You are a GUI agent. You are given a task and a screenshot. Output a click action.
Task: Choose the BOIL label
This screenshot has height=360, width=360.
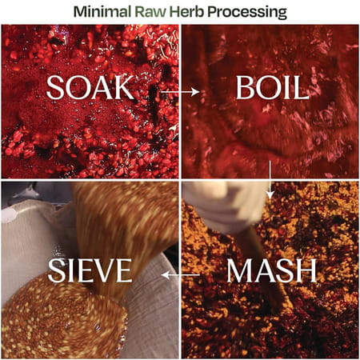(271, 88)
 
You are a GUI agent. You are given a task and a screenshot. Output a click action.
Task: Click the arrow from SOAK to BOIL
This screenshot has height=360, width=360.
(180, 93)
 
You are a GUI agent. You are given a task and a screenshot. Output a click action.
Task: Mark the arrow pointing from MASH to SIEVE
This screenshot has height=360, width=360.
(181, 274)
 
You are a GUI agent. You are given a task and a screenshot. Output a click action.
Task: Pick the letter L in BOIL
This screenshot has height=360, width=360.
(302, 88)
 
